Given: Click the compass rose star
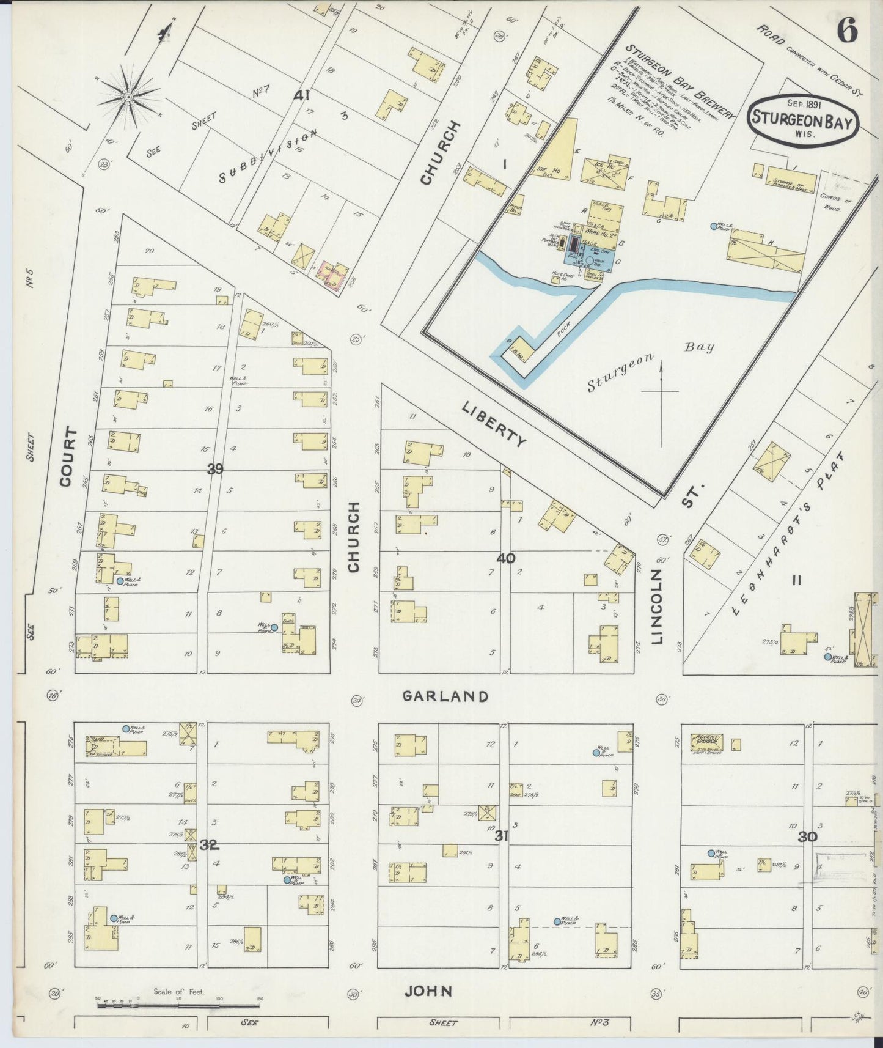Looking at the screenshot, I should (129, 97).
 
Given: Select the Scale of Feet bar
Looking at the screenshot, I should (177, 1005).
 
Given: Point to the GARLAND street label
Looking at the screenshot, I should (446, 696).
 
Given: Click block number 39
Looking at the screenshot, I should (215, 469).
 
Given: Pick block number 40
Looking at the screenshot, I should (506, 558).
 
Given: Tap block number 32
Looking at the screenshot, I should (209, 846).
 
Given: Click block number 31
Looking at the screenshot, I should (501, 836).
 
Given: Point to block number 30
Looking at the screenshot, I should (807, 837).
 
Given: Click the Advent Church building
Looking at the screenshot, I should (706, 743).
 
